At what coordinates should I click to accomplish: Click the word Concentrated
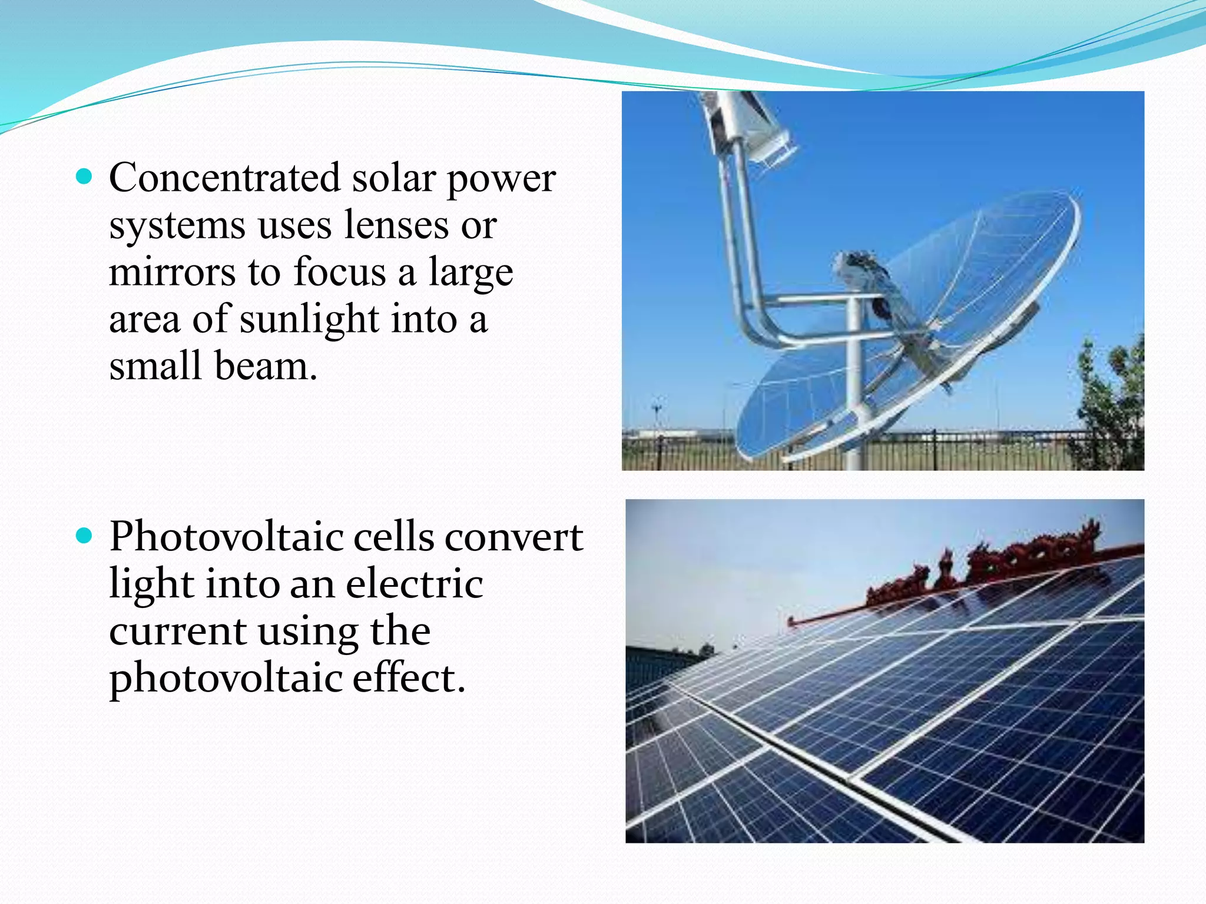(x=224, y=178)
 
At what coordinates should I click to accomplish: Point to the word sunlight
(x=309, y=319)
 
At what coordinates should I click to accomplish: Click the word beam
(x=266, y=366)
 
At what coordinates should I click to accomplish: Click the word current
(x=177, y=631)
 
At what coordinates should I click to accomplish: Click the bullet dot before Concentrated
(x=85, y=176)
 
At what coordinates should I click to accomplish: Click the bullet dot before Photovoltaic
(x=85, y=535)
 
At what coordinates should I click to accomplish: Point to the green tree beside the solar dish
(x=1110, y=406)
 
